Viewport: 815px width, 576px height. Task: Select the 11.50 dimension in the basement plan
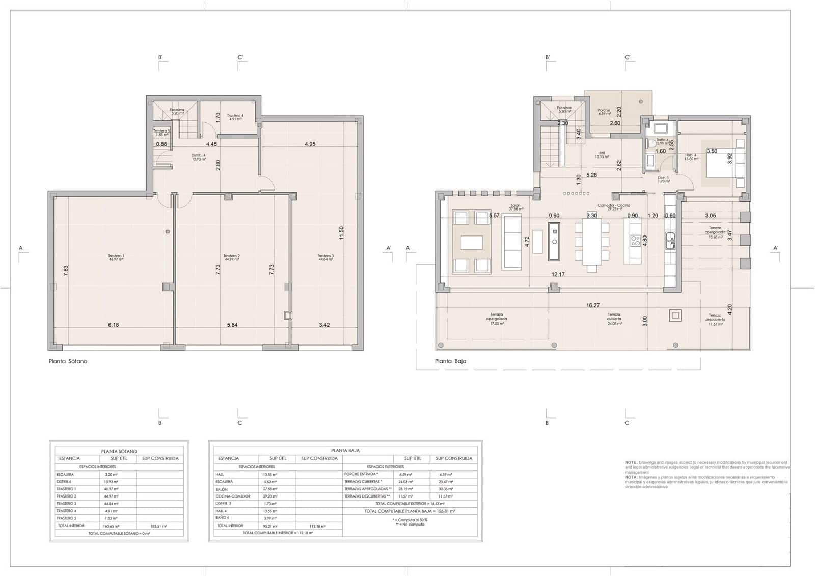point(342,233)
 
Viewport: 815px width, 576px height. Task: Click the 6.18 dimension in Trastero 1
point(113,325)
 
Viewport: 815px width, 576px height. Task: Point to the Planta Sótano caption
point(68,361)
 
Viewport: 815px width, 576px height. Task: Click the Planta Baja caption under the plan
point(450,361)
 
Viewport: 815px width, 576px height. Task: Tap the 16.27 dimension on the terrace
point(593,306)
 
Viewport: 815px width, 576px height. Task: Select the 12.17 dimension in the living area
point(558,274)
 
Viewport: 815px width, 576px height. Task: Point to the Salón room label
point(515,207)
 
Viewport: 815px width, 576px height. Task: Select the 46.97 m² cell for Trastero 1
point(111,489)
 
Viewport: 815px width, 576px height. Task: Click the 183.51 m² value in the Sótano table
point(160,526)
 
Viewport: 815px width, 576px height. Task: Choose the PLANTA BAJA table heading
point(345,451)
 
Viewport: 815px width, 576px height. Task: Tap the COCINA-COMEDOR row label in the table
point(233,496)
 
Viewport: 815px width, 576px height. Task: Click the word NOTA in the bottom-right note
point(631,477)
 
